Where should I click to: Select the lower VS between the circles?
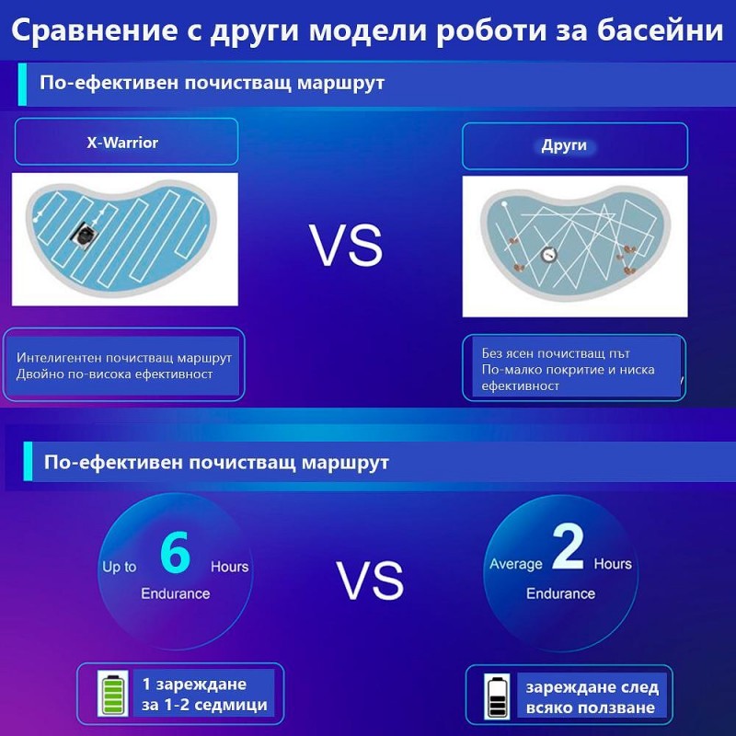[369, 581]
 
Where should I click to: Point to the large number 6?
[175, 552]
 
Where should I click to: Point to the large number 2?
[567, 550]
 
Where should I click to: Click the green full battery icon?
[115, 695]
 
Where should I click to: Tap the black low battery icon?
[498, 696]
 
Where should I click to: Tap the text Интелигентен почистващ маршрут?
[124, 357]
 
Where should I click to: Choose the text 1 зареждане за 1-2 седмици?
[204, 695]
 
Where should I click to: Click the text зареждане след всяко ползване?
[592, 697]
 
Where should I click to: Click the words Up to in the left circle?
[119, 567]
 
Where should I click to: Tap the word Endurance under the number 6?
[175, 593]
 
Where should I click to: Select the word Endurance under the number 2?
[560, 593]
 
